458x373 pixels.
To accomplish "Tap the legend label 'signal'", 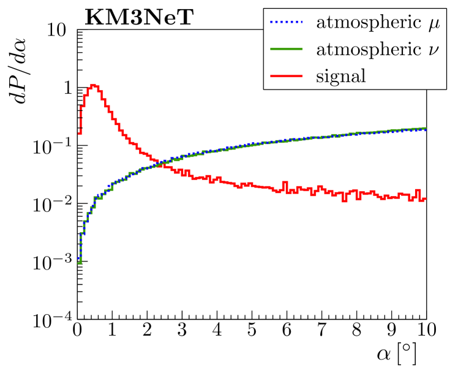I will (340, 76).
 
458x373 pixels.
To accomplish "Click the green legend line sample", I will (287, 50).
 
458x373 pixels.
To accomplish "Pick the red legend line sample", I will (287, 76).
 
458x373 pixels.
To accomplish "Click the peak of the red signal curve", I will (93, 85).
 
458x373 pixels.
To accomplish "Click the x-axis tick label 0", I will (77, 331).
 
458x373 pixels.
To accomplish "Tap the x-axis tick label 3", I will (182, 331).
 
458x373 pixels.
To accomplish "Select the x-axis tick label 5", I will (251, 331).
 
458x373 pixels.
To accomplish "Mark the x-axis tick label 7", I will (321, 331).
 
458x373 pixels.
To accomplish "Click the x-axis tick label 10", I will (422, 331).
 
